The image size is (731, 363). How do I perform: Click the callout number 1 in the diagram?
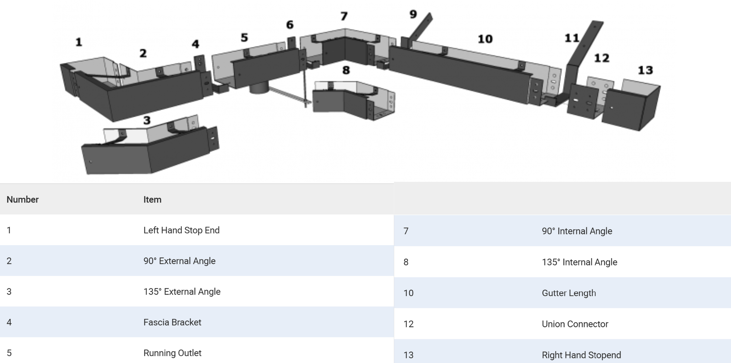tap(79, 42)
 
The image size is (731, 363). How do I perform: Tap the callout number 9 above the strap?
tap(413, 14)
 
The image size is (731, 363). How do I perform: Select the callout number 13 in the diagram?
tap(645, 70)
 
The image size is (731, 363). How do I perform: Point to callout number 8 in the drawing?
tap(346, 70)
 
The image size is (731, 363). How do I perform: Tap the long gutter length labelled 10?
tap(460, 76)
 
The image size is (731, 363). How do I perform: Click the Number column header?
tap(22, 199)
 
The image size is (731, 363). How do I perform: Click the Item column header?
tap(152, 199)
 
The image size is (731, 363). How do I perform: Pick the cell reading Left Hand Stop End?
tap(181, 230)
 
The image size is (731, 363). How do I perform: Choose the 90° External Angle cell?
tap(179, 261)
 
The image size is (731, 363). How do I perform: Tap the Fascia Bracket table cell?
tap(172, 322)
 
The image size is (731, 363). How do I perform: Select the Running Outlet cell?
tap(172, 353)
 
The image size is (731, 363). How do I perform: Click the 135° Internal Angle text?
tap(579, 262)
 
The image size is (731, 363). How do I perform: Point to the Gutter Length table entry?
tap(569, 293)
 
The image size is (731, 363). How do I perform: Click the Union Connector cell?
tap(575, 324)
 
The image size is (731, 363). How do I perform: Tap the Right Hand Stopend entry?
tap(581, 355)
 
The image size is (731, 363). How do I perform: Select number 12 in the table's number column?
tap(408, 324)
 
